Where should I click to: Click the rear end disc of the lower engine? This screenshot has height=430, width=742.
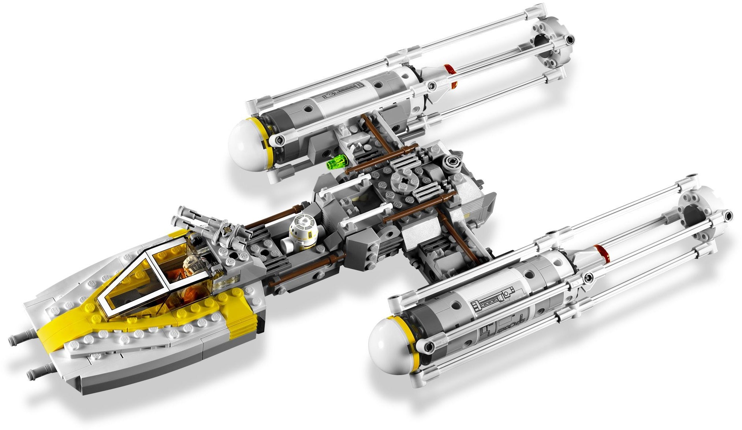point(701,214)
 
